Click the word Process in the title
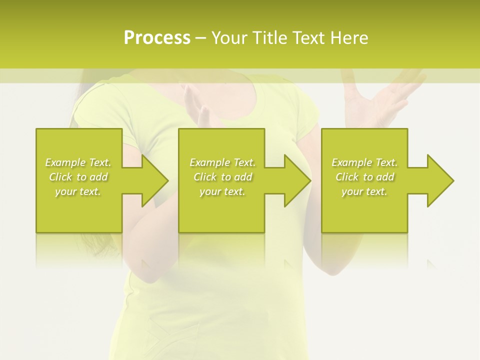coord(157,38)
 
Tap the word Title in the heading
coord(270,38)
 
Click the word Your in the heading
coord(230,38)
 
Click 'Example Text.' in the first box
coord(78,162)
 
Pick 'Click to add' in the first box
coord(78,177)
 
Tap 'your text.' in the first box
coord(78,191)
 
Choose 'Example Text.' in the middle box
coord(222,162)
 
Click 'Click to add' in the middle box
coord(222,177)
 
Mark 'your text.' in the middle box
coord(222,191)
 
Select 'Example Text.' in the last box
coord(364,162)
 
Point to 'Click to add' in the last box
coord(364,177)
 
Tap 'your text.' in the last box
coord(364,191)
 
